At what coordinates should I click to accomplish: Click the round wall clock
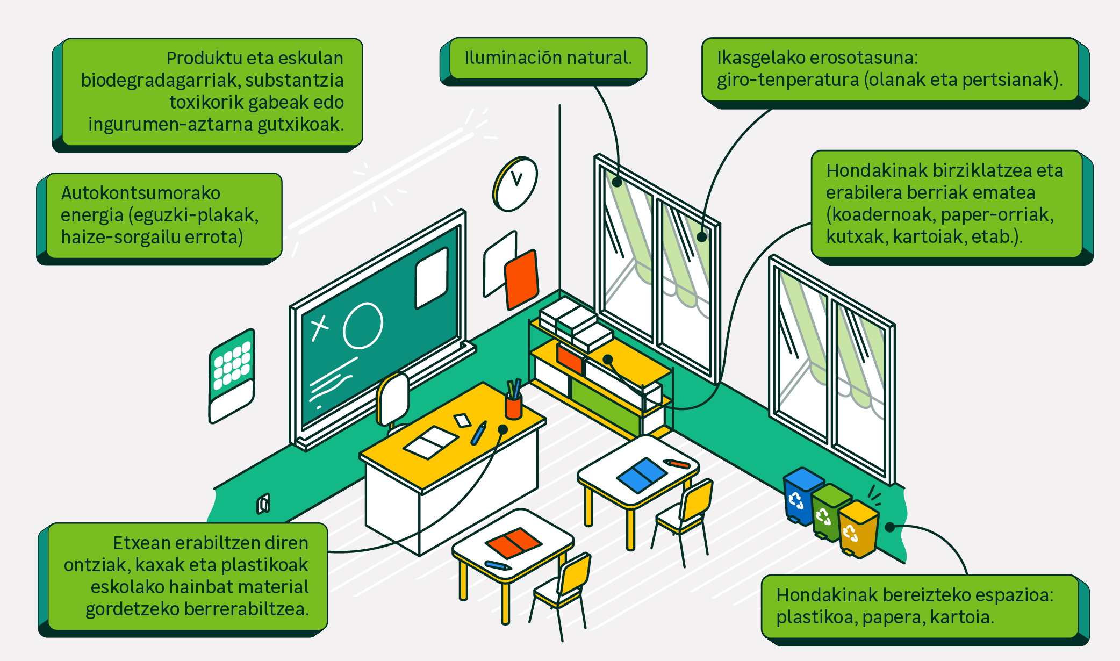coord(515,184)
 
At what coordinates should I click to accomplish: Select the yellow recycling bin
coord(858,529)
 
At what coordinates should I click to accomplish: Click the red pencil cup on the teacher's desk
coord(514,405)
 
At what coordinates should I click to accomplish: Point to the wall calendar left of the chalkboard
coord(232,376)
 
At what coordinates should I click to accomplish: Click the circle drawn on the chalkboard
coord(363,326)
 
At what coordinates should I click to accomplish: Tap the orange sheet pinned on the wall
coord(521,279)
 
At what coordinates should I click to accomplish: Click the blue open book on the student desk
coord(642,474)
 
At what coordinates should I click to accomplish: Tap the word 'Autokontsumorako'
coord(140,193)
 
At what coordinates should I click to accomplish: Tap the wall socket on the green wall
coord(263,504)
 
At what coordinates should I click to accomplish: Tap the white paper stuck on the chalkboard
coord(431,277)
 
